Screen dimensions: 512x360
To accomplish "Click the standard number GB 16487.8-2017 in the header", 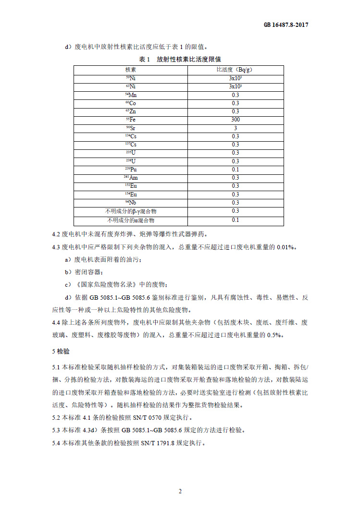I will click(x=286, y=25).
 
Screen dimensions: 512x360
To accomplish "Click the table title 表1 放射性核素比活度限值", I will click(x=180, y=60).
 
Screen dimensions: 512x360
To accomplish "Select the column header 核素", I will click(x=131, y=70).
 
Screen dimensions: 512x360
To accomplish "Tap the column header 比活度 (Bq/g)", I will click(x=235, y=70).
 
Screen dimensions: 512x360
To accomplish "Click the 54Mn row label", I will click(x=131, y=95).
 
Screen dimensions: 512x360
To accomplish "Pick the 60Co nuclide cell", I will click(x=131, y=103).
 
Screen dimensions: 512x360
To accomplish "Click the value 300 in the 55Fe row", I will click(x=235, y=120).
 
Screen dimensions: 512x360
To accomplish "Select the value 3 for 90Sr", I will click(x=235, y=128).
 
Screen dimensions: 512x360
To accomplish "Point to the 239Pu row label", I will click(x=131, y=170).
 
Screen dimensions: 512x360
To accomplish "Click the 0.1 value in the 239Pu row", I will click(x=235, y=170).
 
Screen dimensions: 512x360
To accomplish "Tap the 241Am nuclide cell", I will click(x=131, y=178).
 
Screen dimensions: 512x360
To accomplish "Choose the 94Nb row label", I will click(x=131, y=203).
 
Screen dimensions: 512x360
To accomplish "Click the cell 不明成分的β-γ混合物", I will click(x=131, y=211).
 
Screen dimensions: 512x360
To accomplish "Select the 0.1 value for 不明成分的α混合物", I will click(x=235, y=220).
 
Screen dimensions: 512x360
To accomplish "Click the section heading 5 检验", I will click(x=61, y=352).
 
